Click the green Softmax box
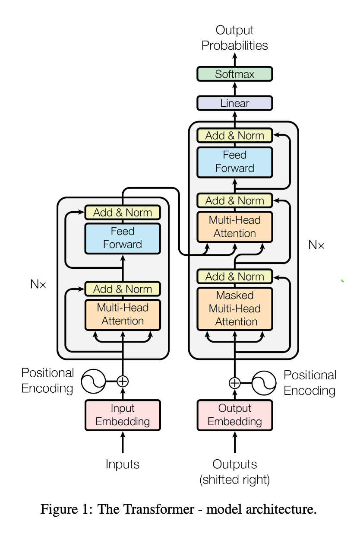click(x=234, y=74)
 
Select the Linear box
click(x=234, y=103)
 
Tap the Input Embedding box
click(x=123, y=415)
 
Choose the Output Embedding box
click(x=234, y=415)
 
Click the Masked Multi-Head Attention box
click(x=234, y=308)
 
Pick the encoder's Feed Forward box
click(x=123, y=238)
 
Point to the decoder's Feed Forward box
click(x=234, y=162)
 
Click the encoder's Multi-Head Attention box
click(x=123, y=314)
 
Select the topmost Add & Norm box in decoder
click(x=234, y=136)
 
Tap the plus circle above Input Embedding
click(x=123, y=381)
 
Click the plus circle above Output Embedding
click(x=234, y=383)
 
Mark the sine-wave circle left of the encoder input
click(x=94, y=381)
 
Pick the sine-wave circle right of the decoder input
click(x=264, y=383)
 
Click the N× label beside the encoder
click(x=38, y=284)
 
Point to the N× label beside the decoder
click(x=316, y=245)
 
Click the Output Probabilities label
click(x=234, y=38)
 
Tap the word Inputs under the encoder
click(x=123, y=464)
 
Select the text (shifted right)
click(x=234, y=480)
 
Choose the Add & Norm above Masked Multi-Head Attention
click(x=234, y=277)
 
